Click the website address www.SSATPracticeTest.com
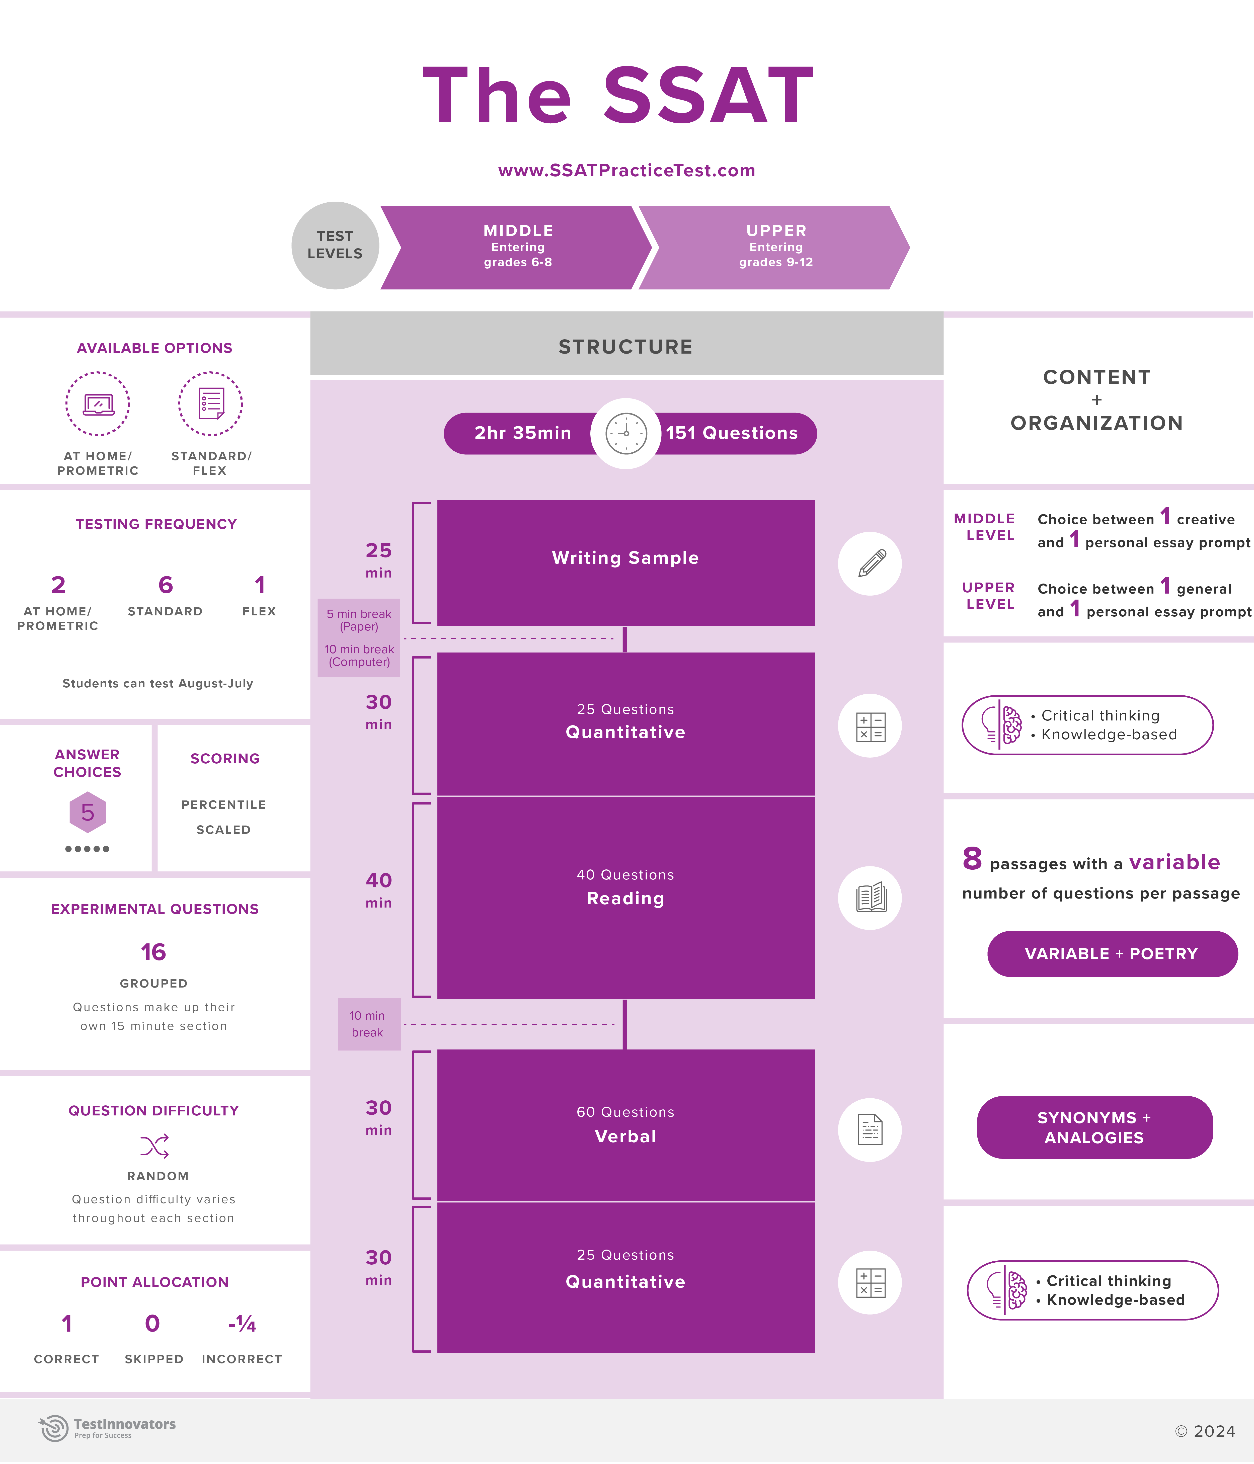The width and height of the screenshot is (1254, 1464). tap(627, 170)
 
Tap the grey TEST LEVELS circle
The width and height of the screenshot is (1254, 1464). tap(335, 245)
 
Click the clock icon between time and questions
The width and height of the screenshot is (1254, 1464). tap(626, 433)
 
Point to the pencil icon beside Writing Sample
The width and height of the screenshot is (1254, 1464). tap(870, 563)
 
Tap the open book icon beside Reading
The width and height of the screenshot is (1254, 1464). tap(870, 897)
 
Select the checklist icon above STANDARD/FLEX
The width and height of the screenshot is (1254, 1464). tap(210, 403)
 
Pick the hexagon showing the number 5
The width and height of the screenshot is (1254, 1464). tap(88, 812)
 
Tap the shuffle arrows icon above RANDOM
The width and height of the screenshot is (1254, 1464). tap(154, 1146)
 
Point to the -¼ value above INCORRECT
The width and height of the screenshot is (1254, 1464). tap(242, 1323)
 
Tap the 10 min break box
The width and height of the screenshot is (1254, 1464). tap(368, 1024)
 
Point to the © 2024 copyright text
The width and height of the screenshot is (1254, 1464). tap(1205, 1431)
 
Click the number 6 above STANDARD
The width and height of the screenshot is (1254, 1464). tap(165, 585)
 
